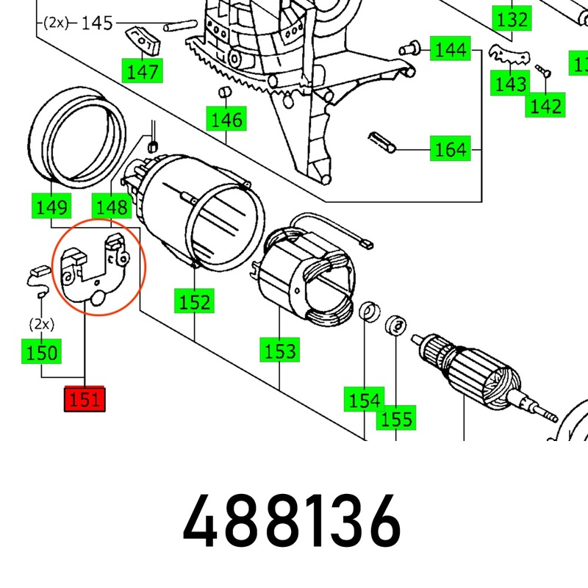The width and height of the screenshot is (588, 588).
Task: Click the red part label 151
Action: [85, 401]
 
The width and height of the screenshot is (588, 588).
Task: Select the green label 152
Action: [194, 301]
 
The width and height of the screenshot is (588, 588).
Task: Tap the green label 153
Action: [281, 350]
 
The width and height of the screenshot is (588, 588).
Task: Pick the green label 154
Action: [365, 401]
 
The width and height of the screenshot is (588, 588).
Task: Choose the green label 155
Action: [395, 418]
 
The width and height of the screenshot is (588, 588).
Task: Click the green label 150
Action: [41, 352]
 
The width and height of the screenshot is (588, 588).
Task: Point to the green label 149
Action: [51, 207]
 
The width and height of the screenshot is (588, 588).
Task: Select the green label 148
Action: [110, 207]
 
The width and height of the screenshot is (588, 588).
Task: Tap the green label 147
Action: [142, 71]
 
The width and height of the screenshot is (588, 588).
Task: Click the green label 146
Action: [226, 118]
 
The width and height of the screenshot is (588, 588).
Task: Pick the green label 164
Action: [450, 150]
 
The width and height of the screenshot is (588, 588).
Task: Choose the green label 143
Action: [510, 85]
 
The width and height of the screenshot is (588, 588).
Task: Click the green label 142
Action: [545, 107]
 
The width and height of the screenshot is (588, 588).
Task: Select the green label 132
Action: [512, 19]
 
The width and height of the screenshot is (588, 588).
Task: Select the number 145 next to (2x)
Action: [96, 23]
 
